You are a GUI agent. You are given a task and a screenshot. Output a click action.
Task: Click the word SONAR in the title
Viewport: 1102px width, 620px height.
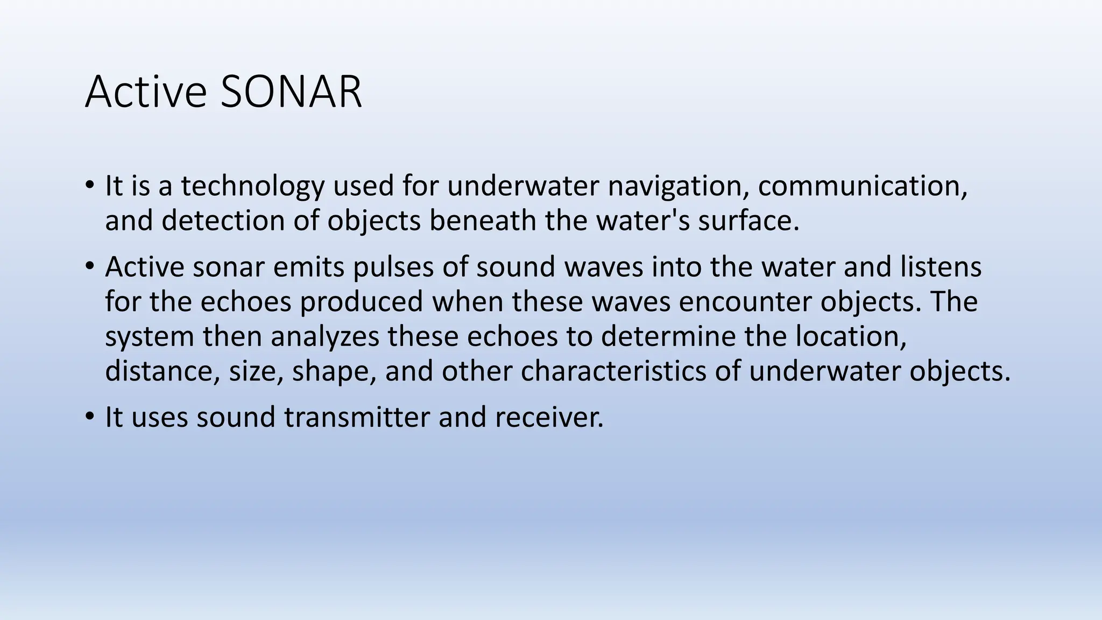click(291, 92)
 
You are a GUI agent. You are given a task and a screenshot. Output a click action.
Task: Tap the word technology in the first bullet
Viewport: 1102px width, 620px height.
click(252, 186)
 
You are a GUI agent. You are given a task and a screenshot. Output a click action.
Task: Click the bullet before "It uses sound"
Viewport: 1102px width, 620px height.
click(90, 417)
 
